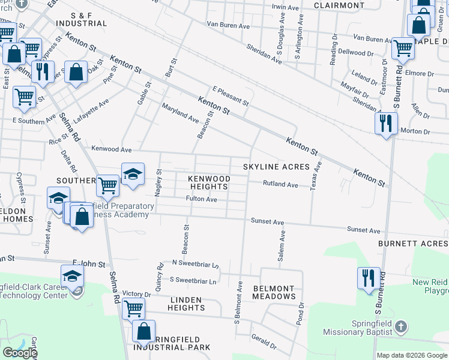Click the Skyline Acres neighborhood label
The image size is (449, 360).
(276, 166)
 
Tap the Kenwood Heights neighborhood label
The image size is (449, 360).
(209, 183)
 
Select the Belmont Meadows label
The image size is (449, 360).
(274, 292)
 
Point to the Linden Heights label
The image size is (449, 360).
(186, 303)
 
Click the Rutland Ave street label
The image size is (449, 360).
(280, 185)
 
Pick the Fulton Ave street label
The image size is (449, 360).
(201, 199)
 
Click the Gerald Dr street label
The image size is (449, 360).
(264, 342)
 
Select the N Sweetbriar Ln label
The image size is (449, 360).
(195, 263)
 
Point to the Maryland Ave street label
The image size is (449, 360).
(180, 112)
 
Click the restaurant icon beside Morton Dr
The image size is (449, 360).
(385, 123)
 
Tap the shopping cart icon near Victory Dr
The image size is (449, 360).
(133, 308)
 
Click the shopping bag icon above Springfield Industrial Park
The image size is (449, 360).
(144, 331)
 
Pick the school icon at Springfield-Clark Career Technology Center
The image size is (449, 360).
(72, 276)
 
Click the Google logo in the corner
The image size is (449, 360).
(20, 353)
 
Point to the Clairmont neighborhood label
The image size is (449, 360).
(339, 5)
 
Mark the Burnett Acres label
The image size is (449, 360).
(413, 244)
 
